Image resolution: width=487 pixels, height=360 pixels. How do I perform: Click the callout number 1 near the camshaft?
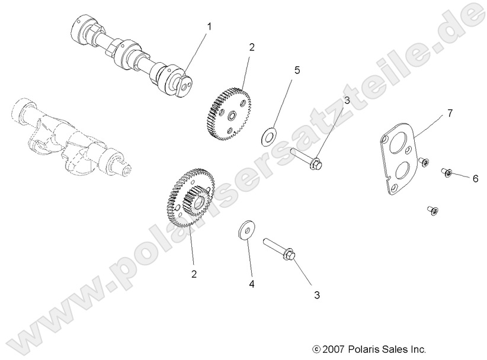coord(209,27)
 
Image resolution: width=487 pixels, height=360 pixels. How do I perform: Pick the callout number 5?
coord(297,70)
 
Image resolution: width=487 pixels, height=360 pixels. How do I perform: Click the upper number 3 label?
coord(347,101)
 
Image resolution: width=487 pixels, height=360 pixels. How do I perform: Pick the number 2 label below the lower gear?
coord(194,274)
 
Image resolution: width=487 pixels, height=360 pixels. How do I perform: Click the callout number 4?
coord(251,285)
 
